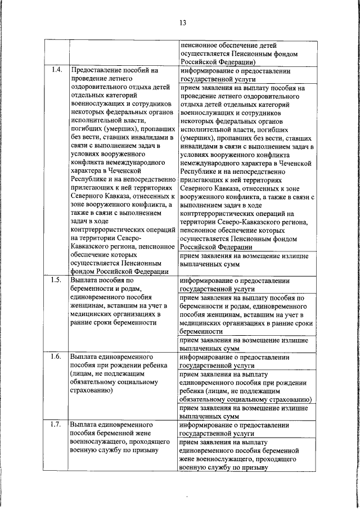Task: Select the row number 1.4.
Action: point(56,71)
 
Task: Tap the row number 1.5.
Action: point(56,280)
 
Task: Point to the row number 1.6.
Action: point(56,357)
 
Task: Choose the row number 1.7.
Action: point(56,424)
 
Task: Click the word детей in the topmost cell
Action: point(266,44)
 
